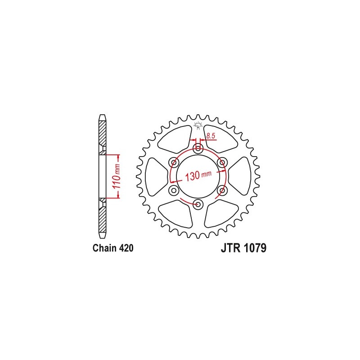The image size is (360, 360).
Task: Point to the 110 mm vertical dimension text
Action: click(116, 176)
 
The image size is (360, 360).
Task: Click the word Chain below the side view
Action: click(105, 248)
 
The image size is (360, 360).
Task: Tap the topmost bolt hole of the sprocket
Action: click(198, 148)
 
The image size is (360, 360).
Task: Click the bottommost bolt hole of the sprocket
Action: click(198, 205)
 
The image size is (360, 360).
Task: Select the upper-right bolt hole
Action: click(221, 162)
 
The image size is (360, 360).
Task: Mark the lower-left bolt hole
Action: click(173, 190)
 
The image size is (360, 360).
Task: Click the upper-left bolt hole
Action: click(173, 162)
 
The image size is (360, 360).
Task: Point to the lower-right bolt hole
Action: click(221, 190)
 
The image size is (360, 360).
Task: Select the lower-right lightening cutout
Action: click(220, 214)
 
